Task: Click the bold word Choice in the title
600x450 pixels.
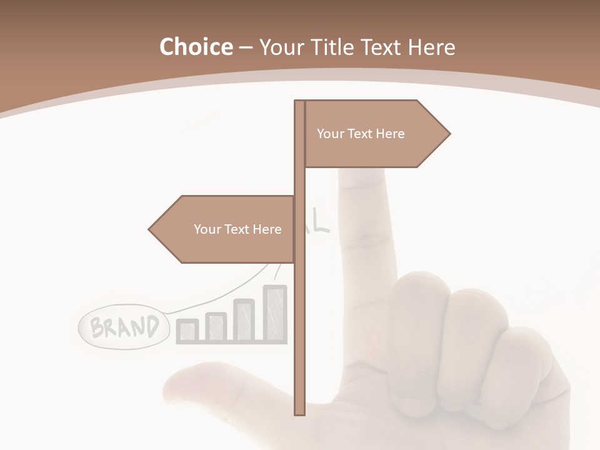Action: point(196,47)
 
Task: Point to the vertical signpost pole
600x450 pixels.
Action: point(300,312)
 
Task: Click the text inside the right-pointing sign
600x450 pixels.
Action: point(361,134)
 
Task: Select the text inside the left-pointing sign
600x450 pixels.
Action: point(237,229)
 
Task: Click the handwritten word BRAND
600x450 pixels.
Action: point(124,327)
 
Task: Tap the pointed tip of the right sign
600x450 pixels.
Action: point(449,134)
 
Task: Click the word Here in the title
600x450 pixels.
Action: point(431,47)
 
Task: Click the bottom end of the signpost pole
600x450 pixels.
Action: point(300,412)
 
